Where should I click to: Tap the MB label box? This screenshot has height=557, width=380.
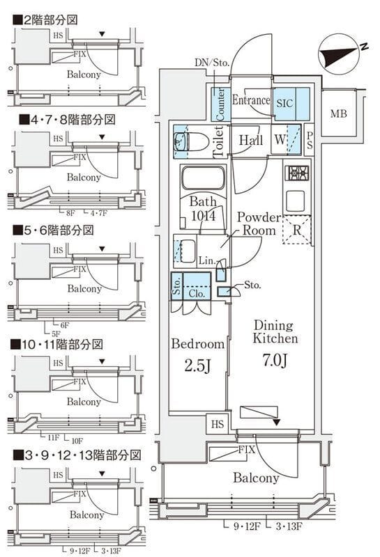pyautogui.click(x=339, y=114)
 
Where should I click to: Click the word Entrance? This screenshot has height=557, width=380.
pyautogui.click(x=250, y=100)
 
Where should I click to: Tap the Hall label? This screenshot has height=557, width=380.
pyautogui.click(x=250, y=140)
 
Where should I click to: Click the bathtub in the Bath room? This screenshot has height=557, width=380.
pyautogui.click(x=202, y=178)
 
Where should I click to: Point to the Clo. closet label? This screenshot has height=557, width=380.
pyautogui.click(x=197, y=294)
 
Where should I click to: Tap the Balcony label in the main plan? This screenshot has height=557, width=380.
pyautogui.click(x=256, y=478)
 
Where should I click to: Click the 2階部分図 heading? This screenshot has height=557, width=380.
pyautogui.click(x=49, y=19)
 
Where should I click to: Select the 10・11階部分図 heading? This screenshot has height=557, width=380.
pyautogui.click(x=62, y=344)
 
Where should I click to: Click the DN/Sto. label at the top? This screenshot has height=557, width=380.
pyautogui.click(x=212, y=62)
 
